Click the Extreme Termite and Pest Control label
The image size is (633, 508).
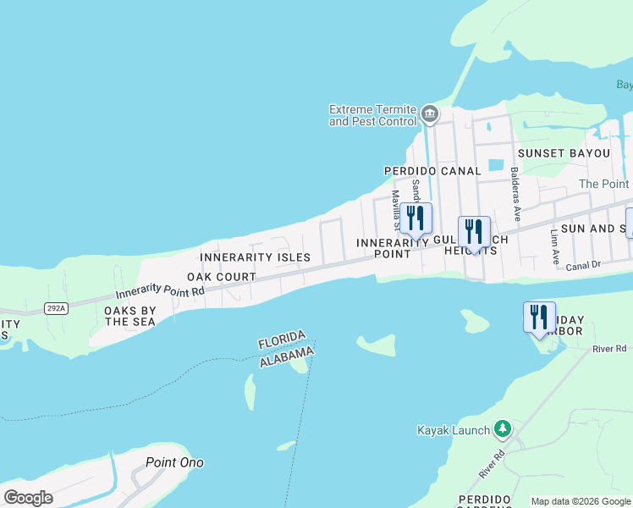coord(372,115)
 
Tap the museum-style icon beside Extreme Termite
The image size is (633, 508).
coord(430,113)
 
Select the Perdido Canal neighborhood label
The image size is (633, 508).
coord(432,171)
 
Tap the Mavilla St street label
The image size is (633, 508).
coord(395,209)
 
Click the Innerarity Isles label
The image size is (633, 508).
coord(255,257)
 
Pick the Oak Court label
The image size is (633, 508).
coord(222,277)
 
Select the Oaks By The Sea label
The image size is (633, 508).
coord(130,317)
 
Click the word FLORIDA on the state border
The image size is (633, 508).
coord(281,340)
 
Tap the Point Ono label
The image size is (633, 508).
coord(174,462)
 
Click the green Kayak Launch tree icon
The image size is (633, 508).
coord(503,429)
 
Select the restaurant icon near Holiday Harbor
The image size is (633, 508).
coord(539,317)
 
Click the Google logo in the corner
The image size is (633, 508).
coord(28,498)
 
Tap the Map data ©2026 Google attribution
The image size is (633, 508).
coord(581,501)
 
